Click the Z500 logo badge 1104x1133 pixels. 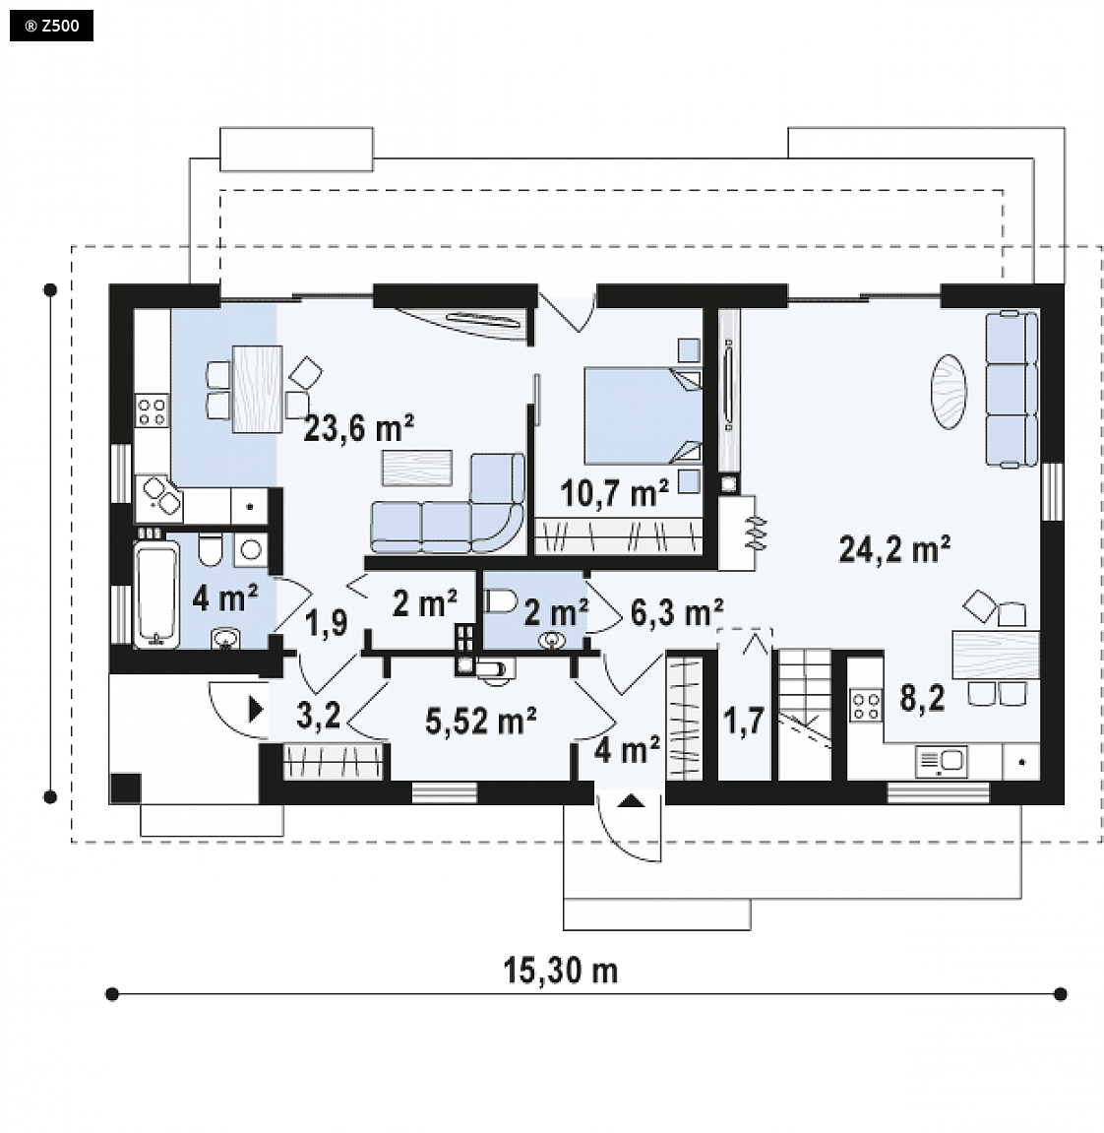(51, 26)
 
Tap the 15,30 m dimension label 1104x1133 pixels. (561, 971)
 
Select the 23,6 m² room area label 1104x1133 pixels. (358, 428)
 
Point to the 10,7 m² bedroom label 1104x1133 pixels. (614, 493)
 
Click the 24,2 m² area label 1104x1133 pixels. (893, 549)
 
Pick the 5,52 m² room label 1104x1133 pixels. (480, 721)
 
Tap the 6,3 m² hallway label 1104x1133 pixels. (676, 612)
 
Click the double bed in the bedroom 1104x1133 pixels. (643, 415)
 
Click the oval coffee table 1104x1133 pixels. (948, 392)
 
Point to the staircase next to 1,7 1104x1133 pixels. (804, 714)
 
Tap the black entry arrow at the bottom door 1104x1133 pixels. (630, 800)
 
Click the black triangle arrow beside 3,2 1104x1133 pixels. (256, 710)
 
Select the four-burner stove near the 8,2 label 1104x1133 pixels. (866, 706)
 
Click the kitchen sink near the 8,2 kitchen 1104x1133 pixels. (942, 762)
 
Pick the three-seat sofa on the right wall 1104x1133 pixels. (1012, 389)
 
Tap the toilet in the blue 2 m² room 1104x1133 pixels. (500, 600)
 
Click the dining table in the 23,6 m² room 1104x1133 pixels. (257, 389)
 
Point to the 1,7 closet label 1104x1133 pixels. (744, 722)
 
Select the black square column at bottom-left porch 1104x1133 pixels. (125, 788)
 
